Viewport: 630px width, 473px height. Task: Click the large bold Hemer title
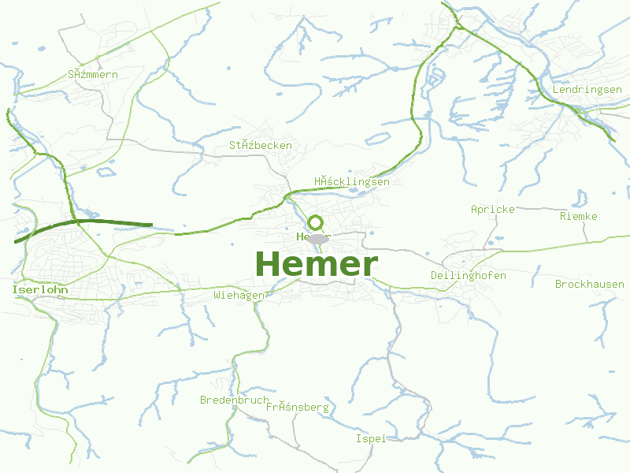click(317, 264)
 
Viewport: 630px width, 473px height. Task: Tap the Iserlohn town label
click(39, 290)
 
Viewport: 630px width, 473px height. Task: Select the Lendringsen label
click(587, 90)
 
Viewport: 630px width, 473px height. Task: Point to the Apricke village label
click(492, 209)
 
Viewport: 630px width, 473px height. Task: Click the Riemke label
click(578, 216)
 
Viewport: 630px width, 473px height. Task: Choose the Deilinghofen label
click(468, 275)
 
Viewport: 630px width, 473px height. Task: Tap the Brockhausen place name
click(589, 284)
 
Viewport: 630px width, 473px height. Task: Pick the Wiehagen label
click(239, 295)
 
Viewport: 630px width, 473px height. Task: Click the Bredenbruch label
click(234, 400)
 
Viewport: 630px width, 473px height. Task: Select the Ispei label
click(370, 438)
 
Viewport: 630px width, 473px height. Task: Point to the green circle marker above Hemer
click(316, 223)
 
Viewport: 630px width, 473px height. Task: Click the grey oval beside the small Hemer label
click(317, 238)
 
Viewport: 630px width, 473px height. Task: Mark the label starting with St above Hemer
click(261, 145)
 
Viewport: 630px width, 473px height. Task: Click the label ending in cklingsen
click(351, 181)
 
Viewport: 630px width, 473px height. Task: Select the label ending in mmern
click(93, 74)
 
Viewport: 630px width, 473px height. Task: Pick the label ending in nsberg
click(297, 408)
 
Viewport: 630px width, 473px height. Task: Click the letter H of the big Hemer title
click(269, 264)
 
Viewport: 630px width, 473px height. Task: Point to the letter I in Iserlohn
click(15, 290)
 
